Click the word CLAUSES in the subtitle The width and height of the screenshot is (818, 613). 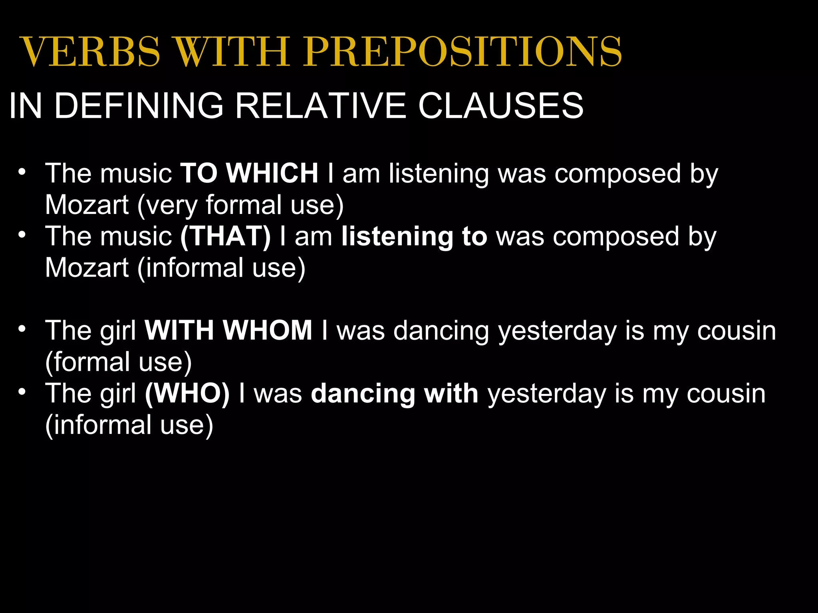tap(501, 106)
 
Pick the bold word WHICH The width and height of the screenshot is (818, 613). tap(272, 173)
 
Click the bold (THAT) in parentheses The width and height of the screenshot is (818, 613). tap(226, 236)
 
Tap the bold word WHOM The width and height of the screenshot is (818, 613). tap(267, 330)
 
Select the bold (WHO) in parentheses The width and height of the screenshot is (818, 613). tap(187, 394)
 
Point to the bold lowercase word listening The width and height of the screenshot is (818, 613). tap(397, 237)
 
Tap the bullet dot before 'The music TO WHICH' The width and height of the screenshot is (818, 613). tap(22, 172)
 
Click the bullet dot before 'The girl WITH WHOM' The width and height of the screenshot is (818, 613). tap(22, 330)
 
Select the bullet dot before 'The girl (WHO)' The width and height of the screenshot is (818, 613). tap(22, 392)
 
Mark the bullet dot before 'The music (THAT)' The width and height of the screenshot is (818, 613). tap(22, 235)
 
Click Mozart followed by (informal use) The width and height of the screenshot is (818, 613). tap(86, 267)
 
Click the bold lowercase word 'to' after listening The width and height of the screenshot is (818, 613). tap(475, 236)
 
